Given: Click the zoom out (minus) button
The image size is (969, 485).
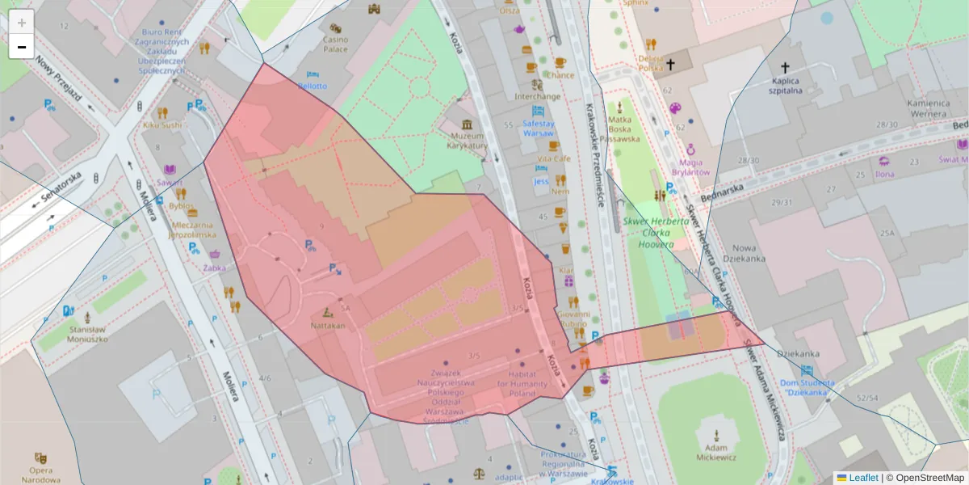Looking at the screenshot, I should tap(22, 47).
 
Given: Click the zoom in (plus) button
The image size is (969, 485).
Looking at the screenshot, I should tap(22, 22).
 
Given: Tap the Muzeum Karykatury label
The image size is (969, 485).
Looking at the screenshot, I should tap(468, 141).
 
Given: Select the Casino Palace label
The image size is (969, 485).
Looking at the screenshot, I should tap(335, 44).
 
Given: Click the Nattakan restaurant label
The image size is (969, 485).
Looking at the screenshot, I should tap(328, 326).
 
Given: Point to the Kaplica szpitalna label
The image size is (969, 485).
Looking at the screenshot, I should tap(784, 86).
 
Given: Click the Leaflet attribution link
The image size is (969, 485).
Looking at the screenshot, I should tap(862, 478).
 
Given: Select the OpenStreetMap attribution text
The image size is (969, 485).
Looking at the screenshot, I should tap(929, 478).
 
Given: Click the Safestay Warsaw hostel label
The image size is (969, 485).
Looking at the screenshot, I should tap(539, 128).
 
